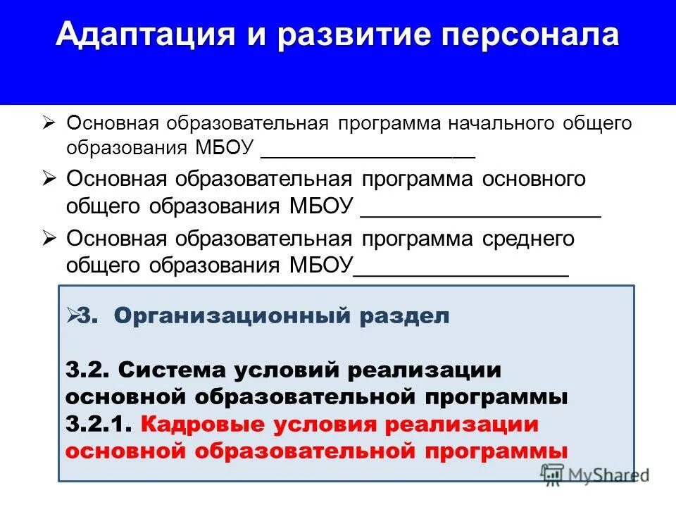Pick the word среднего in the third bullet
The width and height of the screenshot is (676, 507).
[x=529, y=239]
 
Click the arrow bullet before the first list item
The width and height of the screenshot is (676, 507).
[x=49, y=123]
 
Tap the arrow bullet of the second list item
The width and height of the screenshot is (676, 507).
[x=49, y=179]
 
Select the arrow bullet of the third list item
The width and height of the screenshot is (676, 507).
[x=49, y=239]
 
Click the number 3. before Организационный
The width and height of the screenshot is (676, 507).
[x=87, y=316]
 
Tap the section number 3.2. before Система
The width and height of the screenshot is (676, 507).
[x=88, y=369]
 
